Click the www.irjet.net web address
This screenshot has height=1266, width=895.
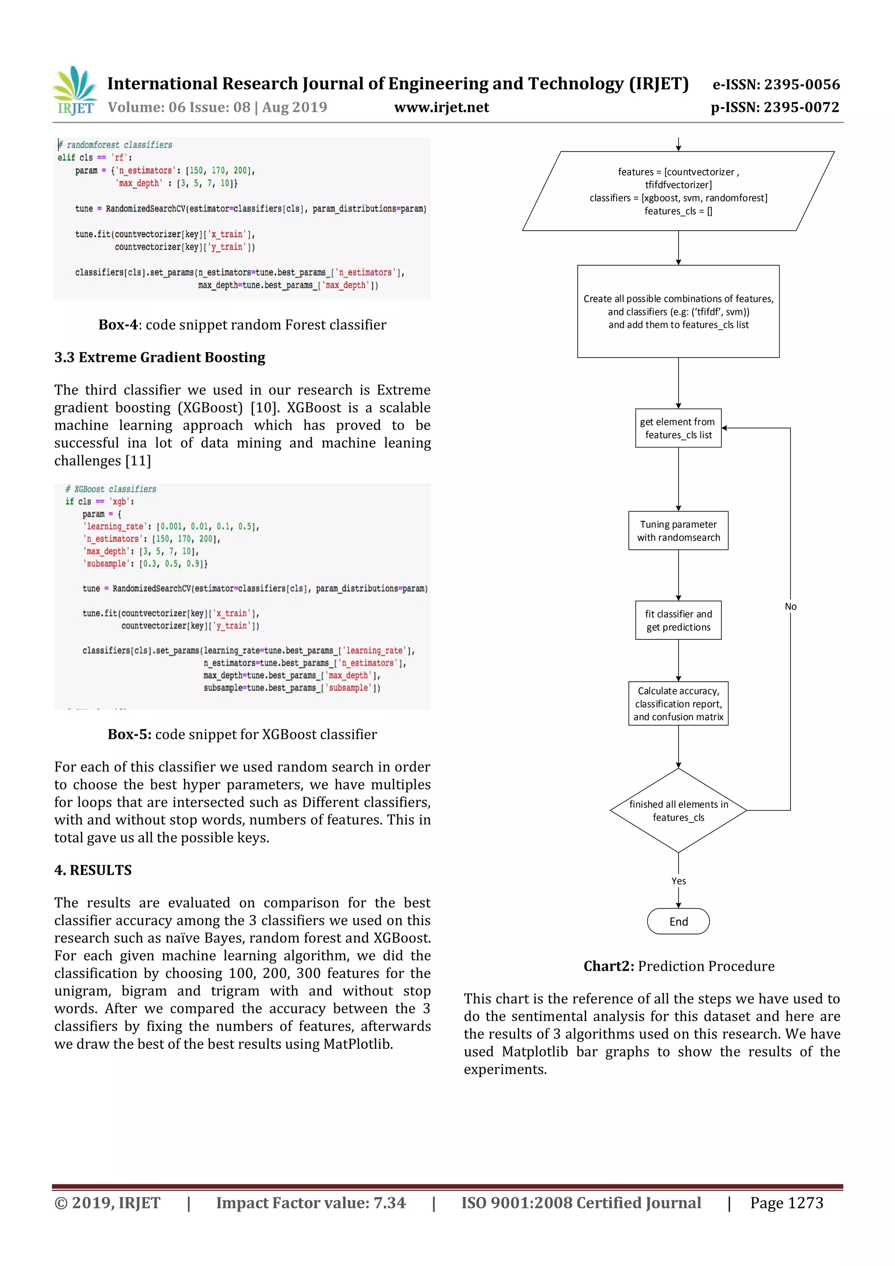441,108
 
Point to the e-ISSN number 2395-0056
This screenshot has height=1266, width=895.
776,84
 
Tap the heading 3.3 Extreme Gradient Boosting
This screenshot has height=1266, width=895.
160,357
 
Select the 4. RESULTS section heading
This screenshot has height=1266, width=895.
93,870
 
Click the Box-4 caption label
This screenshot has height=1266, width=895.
118,325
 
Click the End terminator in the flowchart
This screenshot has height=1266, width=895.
678,921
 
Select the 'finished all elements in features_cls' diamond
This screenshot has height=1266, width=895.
678,810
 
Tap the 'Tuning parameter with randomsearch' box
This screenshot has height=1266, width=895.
678,531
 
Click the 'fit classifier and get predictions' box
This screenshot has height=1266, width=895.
678,620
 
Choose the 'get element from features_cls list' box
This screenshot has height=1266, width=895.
678,428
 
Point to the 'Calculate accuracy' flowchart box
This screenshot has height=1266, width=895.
678,703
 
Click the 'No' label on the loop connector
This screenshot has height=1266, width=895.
790,607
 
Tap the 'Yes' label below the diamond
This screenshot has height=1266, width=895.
678,881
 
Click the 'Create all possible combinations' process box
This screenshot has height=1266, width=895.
678,312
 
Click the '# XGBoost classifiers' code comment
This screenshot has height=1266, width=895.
111,489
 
